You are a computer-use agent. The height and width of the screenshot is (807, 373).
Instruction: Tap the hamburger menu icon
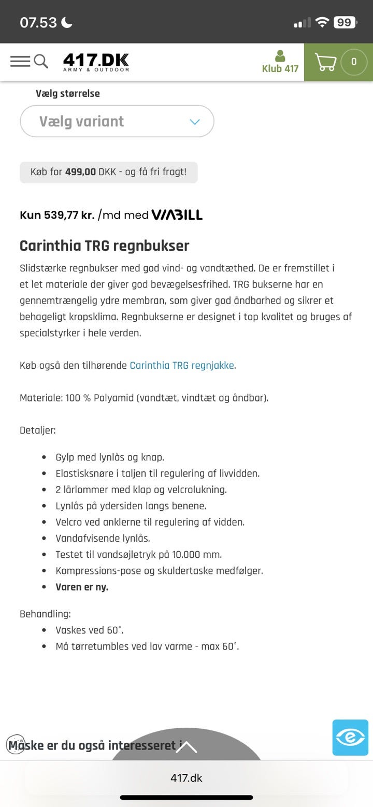[20, 61]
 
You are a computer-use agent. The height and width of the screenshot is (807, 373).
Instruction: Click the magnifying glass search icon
[41, 61]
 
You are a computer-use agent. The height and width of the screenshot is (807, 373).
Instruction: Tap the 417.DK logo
[96, 62]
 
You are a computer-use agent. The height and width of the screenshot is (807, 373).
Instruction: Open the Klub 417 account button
[280, 62]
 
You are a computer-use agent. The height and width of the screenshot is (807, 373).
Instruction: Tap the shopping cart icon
[325, 62]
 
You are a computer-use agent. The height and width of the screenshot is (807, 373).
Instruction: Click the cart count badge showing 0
[354, 62]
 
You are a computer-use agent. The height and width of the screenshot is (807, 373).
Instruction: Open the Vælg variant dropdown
[117, 121]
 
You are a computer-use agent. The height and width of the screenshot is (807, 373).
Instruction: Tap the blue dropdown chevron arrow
[195, 122]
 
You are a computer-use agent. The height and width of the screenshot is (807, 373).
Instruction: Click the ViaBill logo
[177, 215]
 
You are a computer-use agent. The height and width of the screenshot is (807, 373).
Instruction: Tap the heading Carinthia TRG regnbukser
[104, 246]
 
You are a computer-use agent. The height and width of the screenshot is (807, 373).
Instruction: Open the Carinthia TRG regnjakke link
[182, 365]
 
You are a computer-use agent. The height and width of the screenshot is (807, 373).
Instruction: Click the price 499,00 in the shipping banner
[80, 172]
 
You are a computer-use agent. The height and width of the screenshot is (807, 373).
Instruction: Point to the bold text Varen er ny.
[82, 587]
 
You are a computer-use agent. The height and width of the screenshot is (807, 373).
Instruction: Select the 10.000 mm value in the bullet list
[195, 554]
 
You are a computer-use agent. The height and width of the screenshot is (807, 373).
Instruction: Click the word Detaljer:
[38, 430]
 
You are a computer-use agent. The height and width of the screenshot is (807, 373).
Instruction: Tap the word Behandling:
[45, 614]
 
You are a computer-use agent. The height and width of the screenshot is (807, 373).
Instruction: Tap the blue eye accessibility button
[350, 737]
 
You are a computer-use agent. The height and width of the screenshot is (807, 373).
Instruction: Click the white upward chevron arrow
[187, 747]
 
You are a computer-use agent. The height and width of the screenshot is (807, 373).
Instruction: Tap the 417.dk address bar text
[187, 777]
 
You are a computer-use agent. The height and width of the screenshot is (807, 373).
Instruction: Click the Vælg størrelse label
[67, 93]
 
